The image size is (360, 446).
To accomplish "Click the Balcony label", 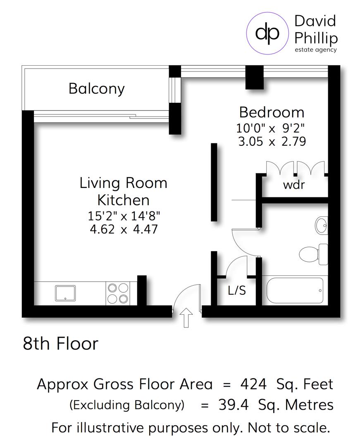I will tap(96, 89).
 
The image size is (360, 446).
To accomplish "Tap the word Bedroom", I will tap(272, 112).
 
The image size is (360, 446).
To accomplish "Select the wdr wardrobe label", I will tap(293, 185).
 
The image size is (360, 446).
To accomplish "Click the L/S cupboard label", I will tap(236, 291).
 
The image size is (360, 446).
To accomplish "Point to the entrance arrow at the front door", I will tap(187, 317).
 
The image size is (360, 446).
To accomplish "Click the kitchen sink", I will tap(65, 293).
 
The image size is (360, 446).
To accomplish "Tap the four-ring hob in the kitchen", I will tap(118, 293).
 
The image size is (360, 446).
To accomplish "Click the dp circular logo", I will tap(267, 33).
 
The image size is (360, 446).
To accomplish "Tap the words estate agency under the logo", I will tap(315, 50).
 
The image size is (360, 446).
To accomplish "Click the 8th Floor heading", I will tap(61, 344).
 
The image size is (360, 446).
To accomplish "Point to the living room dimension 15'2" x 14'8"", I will tap(124, 216).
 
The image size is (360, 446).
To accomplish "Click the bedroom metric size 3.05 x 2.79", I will tap(272, 142).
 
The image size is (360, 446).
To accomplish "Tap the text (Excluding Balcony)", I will tap(126, 405).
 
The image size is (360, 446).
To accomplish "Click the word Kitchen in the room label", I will tap(123, 200).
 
